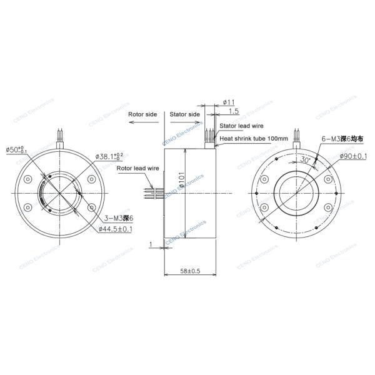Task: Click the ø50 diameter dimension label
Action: [x=16, y=150]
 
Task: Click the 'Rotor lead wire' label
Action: [x=137, y=168]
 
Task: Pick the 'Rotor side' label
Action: [x=142, y=115]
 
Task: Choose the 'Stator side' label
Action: [x=185, y=115]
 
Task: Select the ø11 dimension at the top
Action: [x=229, y=101]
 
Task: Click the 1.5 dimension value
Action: [x=234, y=111]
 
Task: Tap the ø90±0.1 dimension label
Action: [x=352, y=155]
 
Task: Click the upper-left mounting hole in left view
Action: [x=28, y=179]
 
